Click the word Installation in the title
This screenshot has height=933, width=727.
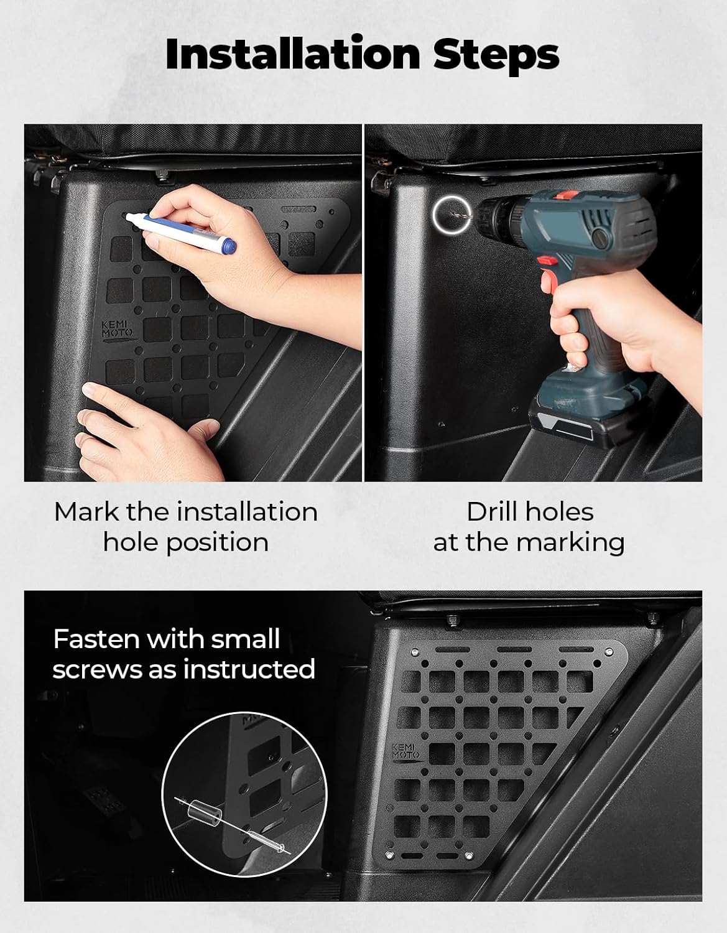pyautogui.click(x=293, y=55)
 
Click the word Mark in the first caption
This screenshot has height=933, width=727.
pyautogui.click(x=86, y=512)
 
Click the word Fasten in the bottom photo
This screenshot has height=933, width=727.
pyautogui.click(x=98, y=639)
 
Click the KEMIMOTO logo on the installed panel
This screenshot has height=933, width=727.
pyautogui.click(x=405, y=752)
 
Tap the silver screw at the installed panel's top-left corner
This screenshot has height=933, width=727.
pyautogui.click(x=415, y=652)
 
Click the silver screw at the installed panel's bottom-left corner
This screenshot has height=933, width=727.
pyautogui.click(x=389, y=855)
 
